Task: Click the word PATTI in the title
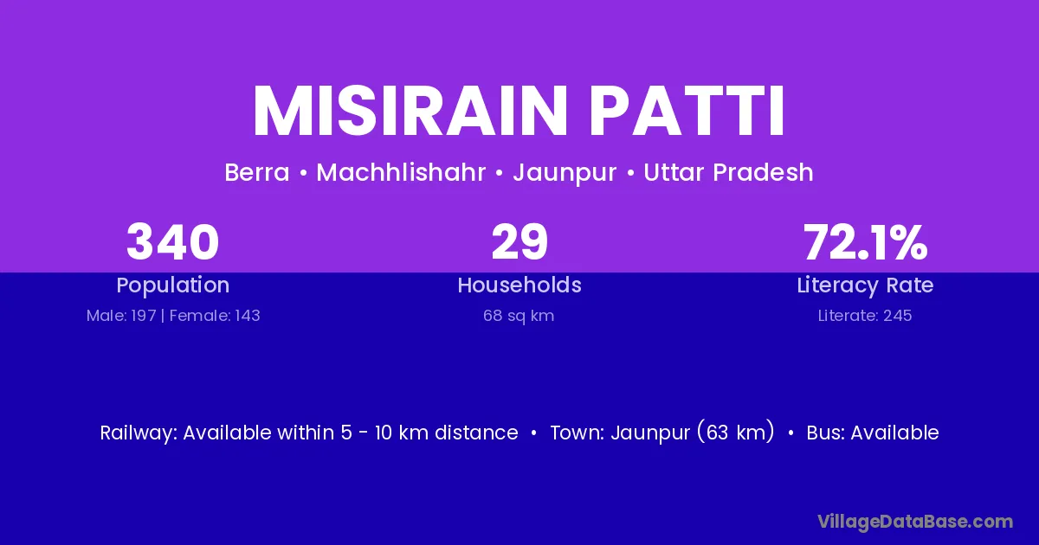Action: coord(687,112)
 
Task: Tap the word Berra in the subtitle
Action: coord(257,172)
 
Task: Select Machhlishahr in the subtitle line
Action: coord(401,172)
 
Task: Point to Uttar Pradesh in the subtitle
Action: coord(728,172)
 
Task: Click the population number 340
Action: coord(172,242)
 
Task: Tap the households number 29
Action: coord(519,242)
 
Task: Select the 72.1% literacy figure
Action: coord(866,242)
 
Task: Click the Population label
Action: coord(173,285)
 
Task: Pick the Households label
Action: coord(519,285)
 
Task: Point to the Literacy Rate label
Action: coord(865,285)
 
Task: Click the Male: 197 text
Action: coord(121,316)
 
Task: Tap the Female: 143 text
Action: coord(215,316)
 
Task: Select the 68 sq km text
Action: coord(519,316)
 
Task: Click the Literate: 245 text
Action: coord(865,316)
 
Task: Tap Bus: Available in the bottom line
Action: coord(873,433)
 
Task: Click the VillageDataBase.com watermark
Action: coord(915,522)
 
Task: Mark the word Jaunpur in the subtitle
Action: coord(565,173)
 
